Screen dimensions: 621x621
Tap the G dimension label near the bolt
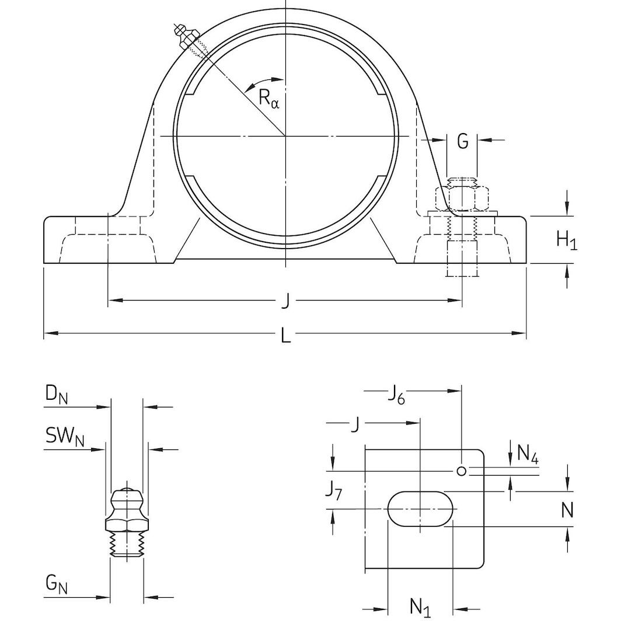pos(462,141)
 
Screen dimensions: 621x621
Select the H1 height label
pos(566,240)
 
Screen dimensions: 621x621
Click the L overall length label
pos(285,336)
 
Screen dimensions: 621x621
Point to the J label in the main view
pos(285,301)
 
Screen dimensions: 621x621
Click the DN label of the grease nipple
pos(57,397)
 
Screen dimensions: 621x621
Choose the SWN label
pos(64,437)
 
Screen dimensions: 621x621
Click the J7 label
pos(334,490)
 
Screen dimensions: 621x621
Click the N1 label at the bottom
pos(420,607)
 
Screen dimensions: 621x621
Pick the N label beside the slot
pos(567,511)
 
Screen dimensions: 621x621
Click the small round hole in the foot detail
pos(461,471)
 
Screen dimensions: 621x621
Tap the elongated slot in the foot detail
pos(420,508)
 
